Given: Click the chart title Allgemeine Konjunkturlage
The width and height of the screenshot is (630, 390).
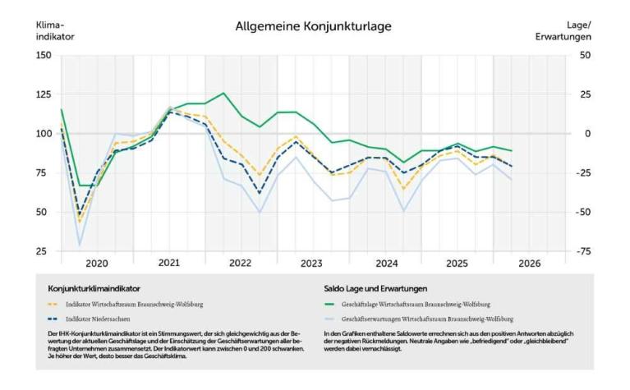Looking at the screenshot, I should click(x=313, y=26).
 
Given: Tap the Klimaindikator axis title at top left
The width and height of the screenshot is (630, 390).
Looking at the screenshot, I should click(x=53, y=31).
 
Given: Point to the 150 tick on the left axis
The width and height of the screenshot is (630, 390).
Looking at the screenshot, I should click(x=43, y=55).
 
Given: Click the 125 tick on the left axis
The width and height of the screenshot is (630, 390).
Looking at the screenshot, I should click(x=43, y=94).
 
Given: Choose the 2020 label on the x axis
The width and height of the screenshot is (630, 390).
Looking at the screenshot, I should click(x=97, y=264).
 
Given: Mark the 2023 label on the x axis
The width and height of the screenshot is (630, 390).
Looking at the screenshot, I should click(x=311, y=264).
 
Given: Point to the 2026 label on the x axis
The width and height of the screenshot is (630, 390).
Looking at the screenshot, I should click(x=529, y=264).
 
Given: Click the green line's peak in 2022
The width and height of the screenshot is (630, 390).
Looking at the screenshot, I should click(x=223, y=93).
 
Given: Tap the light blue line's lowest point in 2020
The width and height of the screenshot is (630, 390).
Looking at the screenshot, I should click(x=80, y=245).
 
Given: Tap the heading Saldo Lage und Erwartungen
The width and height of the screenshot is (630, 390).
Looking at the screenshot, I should click(x=375, y=289).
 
